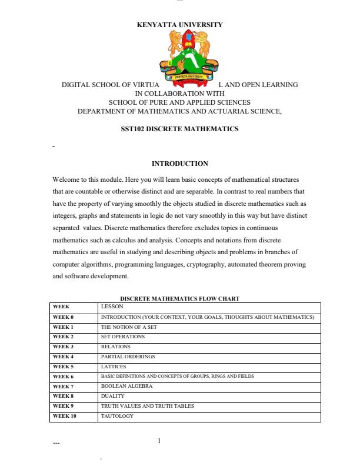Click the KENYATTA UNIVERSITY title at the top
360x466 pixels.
179,25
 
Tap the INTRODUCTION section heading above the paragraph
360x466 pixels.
179,163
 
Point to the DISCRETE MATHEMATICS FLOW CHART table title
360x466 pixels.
179,299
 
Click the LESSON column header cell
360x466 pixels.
111,307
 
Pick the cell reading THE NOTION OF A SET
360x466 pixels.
129,327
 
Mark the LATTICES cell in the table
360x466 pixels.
114,367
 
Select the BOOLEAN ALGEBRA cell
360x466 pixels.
126,386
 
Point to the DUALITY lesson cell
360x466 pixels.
112,396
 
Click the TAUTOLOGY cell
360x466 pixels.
117,416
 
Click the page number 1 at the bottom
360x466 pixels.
159,441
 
